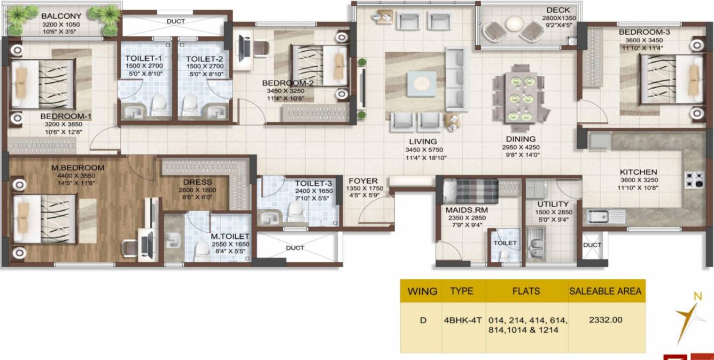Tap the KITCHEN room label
click(638, 173)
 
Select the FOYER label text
click(363, 181)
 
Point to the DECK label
click(558, 10)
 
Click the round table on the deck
click(515, 24)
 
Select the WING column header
click(422, 292)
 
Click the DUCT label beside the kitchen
click(592, 245)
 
